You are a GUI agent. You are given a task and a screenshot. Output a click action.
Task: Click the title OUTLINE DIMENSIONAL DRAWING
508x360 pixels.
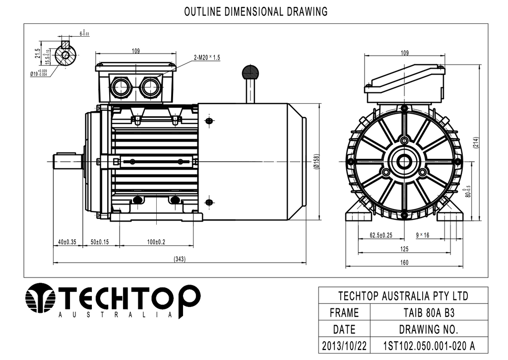pos(256,12)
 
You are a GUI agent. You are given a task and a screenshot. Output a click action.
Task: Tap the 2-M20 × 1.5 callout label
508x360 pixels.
pos(207,58)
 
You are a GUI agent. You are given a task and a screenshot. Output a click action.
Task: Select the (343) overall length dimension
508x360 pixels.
pos(180,259)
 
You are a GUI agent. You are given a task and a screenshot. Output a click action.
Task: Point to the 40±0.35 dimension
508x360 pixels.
pos(67,242)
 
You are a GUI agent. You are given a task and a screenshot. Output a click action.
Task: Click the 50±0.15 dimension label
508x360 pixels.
pos(99,242)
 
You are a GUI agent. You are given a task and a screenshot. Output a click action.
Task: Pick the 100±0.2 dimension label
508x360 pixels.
pos(156,242)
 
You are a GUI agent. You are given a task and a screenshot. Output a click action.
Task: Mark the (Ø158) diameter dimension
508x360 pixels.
pos(317,161)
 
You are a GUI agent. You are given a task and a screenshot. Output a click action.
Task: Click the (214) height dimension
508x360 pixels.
pos(476,143)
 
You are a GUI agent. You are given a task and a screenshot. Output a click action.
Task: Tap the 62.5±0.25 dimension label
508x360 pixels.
pos(381,235)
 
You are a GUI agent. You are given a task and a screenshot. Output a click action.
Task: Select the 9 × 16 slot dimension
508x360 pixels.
pos(423,235)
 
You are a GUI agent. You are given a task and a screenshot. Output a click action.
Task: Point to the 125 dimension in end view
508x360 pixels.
pos(404,249)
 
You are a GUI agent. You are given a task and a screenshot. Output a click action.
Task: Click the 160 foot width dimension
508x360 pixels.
pos(404,262)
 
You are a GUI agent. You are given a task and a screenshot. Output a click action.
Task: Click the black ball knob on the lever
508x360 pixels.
pos(251,72)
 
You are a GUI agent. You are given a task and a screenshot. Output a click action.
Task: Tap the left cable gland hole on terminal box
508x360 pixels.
pos(120,87)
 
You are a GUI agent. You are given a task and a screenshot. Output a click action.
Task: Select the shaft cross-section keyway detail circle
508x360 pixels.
pos(66,55)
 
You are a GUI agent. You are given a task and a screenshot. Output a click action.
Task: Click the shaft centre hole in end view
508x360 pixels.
pos(404,161)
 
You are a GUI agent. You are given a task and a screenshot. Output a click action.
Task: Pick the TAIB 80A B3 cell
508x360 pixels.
pos(429,313)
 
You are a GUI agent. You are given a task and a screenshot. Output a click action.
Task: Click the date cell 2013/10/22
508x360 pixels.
pos(344,346)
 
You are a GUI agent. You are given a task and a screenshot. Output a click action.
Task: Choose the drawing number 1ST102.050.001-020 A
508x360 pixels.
pos(429,346)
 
